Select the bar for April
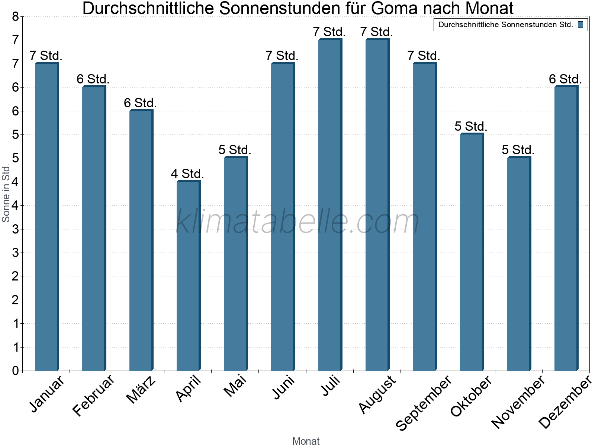[x=188, y=276]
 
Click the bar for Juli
[x=330, y=205]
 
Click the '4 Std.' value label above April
[x=187, y=174]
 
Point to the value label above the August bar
[x=376, y=32]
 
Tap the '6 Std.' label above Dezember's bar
[x=565, y=79]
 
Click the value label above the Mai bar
[x=235, y=150]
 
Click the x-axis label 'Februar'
[x=93, y=396]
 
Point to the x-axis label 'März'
[x=141, y=390]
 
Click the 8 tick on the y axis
[x=15, y=16]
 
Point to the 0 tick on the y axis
[x=15, y=371]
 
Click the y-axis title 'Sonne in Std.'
[x=6, y=193]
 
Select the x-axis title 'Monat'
[x=306, y=441]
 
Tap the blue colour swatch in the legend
[x=580, y=25]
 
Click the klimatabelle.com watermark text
[x=297, y=222]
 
